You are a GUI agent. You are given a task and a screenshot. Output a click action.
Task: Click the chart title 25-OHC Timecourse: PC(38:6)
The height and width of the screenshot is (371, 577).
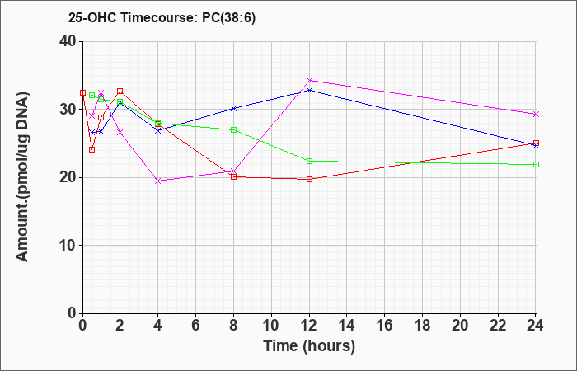[162, 17]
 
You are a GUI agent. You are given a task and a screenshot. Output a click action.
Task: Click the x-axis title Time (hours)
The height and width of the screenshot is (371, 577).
[309, 346]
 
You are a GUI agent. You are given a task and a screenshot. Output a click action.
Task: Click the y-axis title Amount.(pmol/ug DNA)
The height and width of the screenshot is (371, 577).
[22, 177]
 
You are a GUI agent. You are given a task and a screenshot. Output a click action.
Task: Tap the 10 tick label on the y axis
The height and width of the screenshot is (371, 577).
[68, 246]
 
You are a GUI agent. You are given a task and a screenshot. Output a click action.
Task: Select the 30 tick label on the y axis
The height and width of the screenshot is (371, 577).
[68, 110]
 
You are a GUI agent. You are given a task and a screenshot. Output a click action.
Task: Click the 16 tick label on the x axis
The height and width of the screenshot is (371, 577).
[385, 326]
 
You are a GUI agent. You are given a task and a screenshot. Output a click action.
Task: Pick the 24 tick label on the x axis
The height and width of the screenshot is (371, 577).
[536, 326]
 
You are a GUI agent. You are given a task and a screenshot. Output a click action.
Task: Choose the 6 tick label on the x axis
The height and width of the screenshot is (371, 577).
[196, 326]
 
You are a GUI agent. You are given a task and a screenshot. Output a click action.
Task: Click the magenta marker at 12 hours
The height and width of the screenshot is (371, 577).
[309, 80]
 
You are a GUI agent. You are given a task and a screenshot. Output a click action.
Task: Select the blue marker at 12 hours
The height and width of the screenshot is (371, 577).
[309, 90]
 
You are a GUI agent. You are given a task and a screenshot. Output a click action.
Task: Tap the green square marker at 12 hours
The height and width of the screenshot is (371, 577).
[309, 162]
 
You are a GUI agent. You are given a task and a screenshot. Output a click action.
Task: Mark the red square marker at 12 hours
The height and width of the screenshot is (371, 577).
[309, 179]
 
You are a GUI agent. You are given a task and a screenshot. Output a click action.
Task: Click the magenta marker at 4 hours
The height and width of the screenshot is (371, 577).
[158, 181]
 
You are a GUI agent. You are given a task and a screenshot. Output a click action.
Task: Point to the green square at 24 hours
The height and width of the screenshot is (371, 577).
[536, 165]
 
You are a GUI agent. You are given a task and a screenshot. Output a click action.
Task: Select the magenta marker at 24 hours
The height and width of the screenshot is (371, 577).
[536, 114]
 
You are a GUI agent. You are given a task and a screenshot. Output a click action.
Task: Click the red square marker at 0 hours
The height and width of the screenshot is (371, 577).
[82, 92]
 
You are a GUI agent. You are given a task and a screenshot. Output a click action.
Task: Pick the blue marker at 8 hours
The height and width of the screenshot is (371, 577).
[233, 108]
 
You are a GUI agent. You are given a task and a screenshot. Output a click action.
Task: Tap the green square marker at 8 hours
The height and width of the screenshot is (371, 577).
[233, 130]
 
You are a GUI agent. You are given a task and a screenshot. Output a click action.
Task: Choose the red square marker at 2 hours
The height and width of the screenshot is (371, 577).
[120, 91]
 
